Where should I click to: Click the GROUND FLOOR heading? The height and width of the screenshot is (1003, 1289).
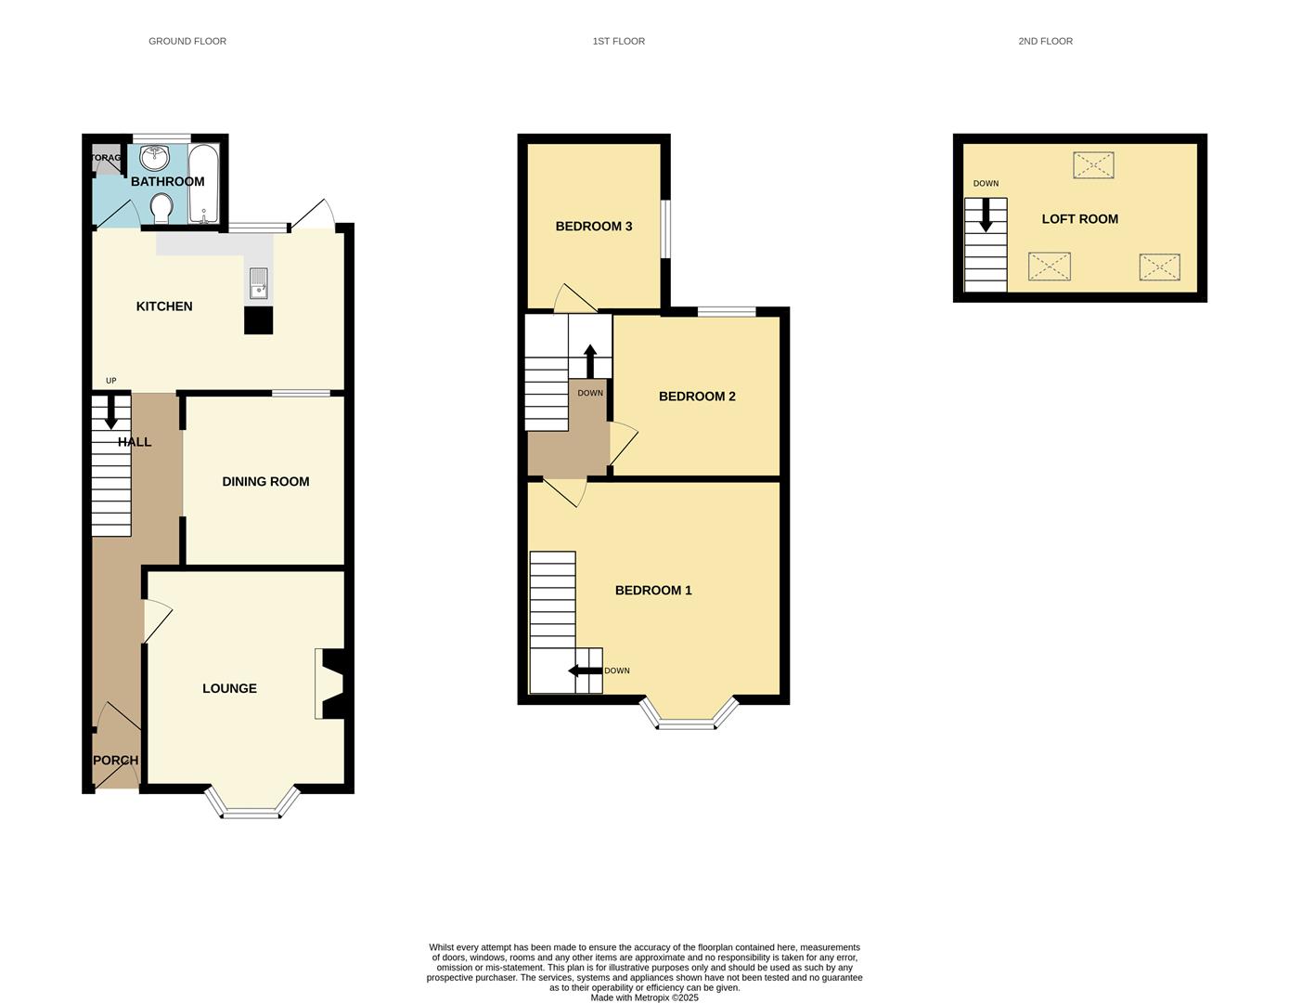click(187, 41)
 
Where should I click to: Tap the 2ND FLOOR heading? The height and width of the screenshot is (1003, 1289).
click(1045, 41)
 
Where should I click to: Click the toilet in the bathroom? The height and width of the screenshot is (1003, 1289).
click(161, 208)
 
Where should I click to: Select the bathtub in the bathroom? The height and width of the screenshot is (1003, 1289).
click(204, 183)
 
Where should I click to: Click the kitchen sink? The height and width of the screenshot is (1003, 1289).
click(258, 283)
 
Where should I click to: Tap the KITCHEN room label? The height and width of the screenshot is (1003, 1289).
click(164, 306)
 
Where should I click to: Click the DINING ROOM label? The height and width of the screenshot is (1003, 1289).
click(265, 481)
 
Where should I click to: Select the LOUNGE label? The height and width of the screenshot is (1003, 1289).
click(229, 688)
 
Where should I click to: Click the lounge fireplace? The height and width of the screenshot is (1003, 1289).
click(332, 684)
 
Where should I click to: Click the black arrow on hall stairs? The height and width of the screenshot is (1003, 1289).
click(111, 412)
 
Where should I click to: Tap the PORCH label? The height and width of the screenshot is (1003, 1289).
click(116, 760)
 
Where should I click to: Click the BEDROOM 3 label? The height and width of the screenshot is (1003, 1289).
click(594, 226)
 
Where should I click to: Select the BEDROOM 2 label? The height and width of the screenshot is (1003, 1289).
click(697, 397)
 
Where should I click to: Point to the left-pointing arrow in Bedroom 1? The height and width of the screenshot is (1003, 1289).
click(585, 671)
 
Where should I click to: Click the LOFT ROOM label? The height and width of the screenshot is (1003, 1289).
click(1079, 219)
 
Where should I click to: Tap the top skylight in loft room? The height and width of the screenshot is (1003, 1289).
click(1093, 165)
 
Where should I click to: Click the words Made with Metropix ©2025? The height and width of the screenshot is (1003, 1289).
click(644, 997)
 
